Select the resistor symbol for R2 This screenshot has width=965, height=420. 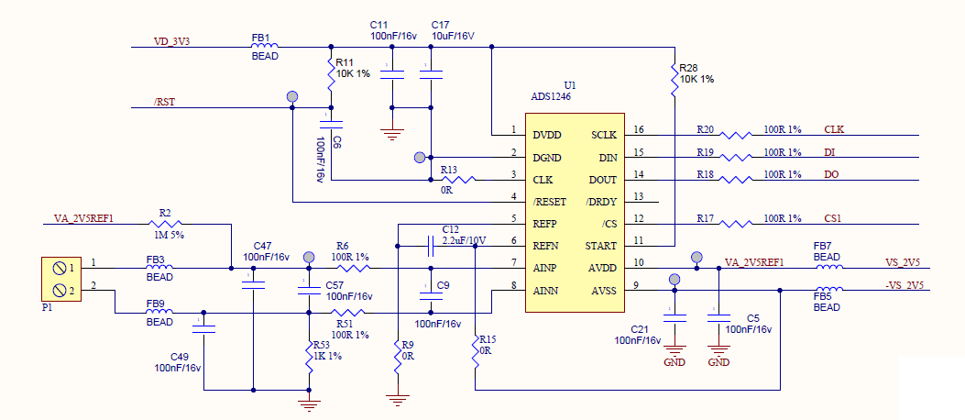pos(165,223)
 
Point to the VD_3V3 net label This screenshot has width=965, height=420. pos(178,42)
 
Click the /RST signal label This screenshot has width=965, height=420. pos(165,102)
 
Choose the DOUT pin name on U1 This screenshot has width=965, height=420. pos(602,180)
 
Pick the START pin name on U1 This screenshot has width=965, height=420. pos(601,247)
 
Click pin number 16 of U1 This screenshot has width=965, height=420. pos(640,130)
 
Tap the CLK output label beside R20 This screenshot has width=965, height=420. pos(834,129)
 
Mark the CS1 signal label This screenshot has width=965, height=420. pos(834,218)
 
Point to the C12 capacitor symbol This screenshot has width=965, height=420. pos(431,246)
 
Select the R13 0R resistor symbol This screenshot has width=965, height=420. pos(455,180)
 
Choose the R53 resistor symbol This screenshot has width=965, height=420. pos(310,356)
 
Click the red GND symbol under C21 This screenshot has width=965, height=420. pos(674,353)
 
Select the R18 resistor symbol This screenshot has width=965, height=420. pos(738,180)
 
